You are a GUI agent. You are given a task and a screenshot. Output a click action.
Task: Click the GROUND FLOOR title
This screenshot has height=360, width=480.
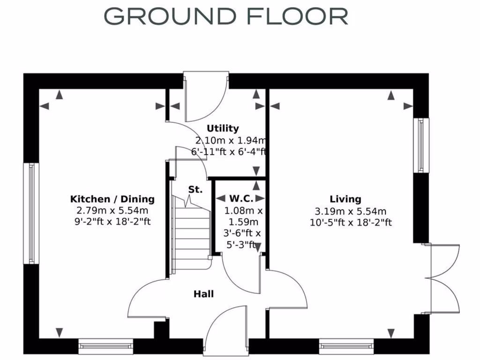click(225, 16)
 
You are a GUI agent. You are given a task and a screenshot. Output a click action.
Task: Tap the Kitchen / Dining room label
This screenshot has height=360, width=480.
click(112, 199)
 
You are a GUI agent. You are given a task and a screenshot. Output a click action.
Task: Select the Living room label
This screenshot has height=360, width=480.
click(345, 199)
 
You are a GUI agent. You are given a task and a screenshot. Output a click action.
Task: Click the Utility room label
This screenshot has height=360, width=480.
click(223, 128)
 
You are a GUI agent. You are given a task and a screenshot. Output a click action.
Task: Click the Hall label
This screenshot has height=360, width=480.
click(204, 294)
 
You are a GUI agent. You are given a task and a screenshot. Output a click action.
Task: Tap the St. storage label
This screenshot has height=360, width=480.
click(195, 190)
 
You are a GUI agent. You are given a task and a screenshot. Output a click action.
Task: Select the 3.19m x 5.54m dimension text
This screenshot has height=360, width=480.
click(345, 211)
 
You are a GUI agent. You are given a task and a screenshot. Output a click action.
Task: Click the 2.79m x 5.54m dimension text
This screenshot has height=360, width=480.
click(112, 211)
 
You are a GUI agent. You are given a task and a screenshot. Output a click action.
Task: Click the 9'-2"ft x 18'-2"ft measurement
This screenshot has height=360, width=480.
click(112, 222)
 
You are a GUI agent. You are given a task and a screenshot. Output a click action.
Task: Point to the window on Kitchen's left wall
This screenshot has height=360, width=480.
click(31, 213)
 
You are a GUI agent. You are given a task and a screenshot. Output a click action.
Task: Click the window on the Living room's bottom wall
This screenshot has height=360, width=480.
click(346, 346)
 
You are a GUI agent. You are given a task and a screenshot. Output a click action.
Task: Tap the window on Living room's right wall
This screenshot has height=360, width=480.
click(421, 145)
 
